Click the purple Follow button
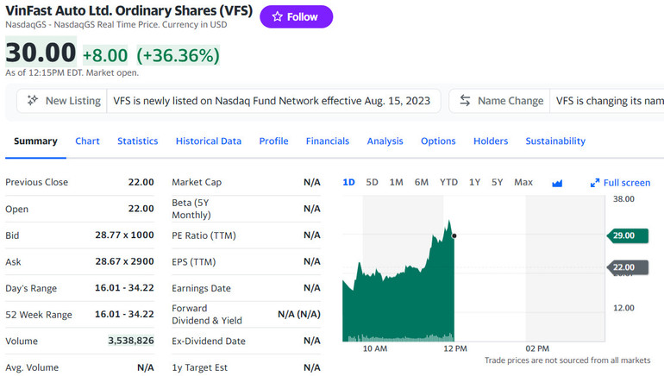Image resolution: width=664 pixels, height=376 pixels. [x=296, y=16]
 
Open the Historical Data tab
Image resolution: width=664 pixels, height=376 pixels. [x=208, y=141]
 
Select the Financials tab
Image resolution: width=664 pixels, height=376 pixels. [x=327, y=141]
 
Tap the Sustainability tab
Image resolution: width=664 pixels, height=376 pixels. [x=554, y=141]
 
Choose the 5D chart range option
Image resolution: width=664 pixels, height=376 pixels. [x=372, y=182]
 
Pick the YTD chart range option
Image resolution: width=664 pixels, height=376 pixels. [x=448, y=182]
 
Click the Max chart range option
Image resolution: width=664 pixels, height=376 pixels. [x=523, y=182]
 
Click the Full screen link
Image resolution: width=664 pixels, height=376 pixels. [x=621, y=182]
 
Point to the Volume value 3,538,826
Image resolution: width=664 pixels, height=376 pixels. [x=131, y=341]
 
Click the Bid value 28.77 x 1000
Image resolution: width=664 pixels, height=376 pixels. [x=124, y=235]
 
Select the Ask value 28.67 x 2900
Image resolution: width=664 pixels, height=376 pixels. [x=124, y=261]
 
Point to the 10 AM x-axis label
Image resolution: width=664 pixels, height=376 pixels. [x=374, y=348]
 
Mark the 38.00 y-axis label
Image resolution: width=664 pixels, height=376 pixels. [x=623, y=198]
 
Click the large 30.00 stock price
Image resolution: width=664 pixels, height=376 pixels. [x=41, y=53]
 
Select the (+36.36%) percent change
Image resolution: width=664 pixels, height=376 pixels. [x=178, y=55]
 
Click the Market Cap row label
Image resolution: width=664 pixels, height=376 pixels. [x=197, y=182]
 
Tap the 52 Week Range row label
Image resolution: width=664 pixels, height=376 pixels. [x=39, y=314]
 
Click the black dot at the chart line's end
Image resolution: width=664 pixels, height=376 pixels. [x=454, y=235]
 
